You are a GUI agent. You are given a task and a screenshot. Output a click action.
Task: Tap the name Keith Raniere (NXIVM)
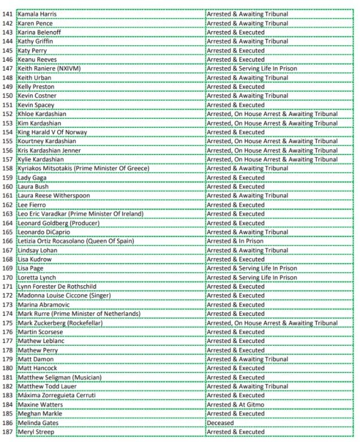click(46, 68)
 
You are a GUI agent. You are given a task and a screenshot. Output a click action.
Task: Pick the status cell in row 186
click(220, 423)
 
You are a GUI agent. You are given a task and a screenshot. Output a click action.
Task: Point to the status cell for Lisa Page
click(251, 268)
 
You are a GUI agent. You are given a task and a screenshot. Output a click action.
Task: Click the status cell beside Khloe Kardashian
click(272, 114)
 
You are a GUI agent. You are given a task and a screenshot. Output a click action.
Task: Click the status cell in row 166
click(234, 241)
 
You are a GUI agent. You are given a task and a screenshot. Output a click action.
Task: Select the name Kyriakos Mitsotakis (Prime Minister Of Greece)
click(83, 169)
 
